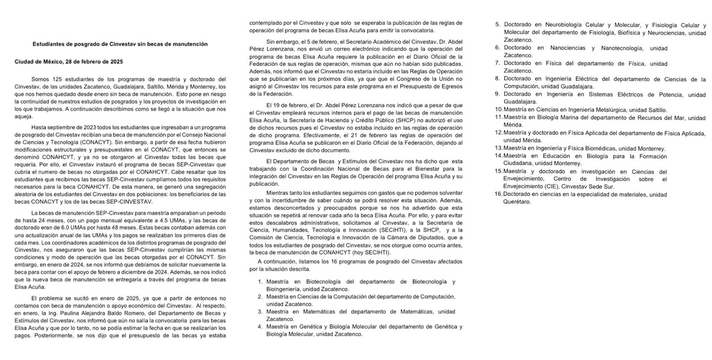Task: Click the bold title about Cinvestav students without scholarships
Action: tap(119, 44)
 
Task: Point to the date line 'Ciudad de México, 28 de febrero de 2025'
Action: tap(68, 62)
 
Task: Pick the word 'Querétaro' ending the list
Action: tap(517, 202)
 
